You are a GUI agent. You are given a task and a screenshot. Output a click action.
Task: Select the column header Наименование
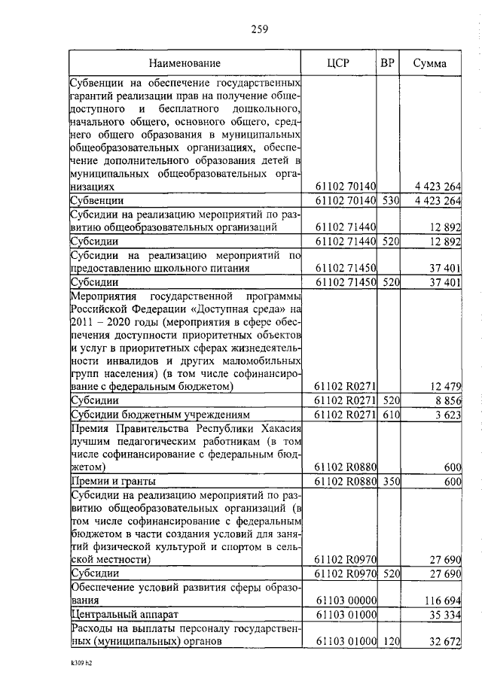pos(185,63)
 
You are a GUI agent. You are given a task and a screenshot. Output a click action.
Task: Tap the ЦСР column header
pos(339,63)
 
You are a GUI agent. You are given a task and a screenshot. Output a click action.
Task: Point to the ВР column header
pos(389,62)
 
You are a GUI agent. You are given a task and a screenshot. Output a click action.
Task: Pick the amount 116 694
pos(441,603)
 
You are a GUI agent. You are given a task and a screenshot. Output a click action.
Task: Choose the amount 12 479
pos(444,387)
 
